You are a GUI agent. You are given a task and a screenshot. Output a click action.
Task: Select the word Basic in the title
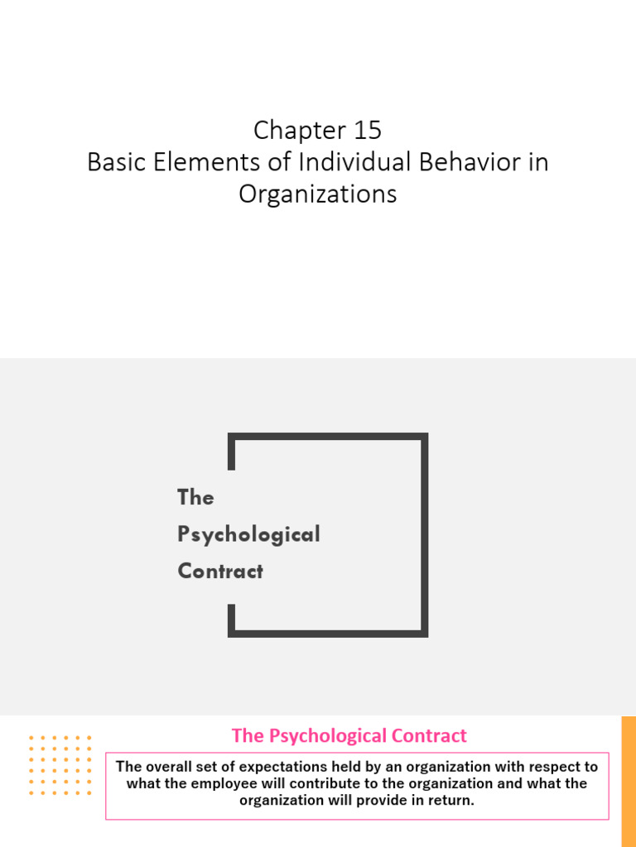click(x=116, y=162)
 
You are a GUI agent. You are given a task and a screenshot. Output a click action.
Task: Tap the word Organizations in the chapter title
click(x=318, y=194)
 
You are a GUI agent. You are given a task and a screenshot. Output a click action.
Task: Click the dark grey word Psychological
click(x=248, y=534)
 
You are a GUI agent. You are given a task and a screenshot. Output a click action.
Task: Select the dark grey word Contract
click(x=220, y=572)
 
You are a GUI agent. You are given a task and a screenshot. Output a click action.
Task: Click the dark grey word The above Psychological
click(x=195, y=497)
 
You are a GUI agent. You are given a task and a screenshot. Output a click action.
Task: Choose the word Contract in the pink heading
click(x=430, y=735)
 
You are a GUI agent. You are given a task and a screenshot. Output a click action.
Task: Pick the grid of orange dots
click(x=60, y=764)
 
